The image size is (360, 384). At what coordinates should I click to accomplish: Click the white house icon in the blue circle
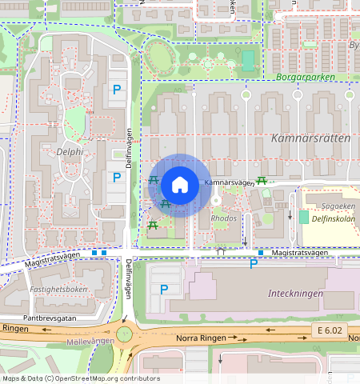click(x=180, y=185)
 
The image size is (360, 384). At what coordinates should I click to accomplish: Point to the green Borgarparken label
click(x=303, y=78)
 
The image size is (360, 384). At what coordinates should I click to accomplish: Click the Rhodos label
click(x=223, y=218)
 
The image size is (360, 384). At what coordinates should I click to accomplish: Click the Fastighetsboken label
click(x=58, y=289)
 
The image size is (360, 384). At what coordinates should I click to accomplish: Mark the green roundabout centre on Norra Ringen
click(x=124, y=334)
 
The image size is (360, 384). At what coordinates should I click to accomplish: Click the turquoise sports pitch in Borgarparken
click(x=248, y=61)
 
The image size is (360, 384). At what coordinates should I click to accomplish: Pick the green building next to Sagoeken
click(x=303, y=217)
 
